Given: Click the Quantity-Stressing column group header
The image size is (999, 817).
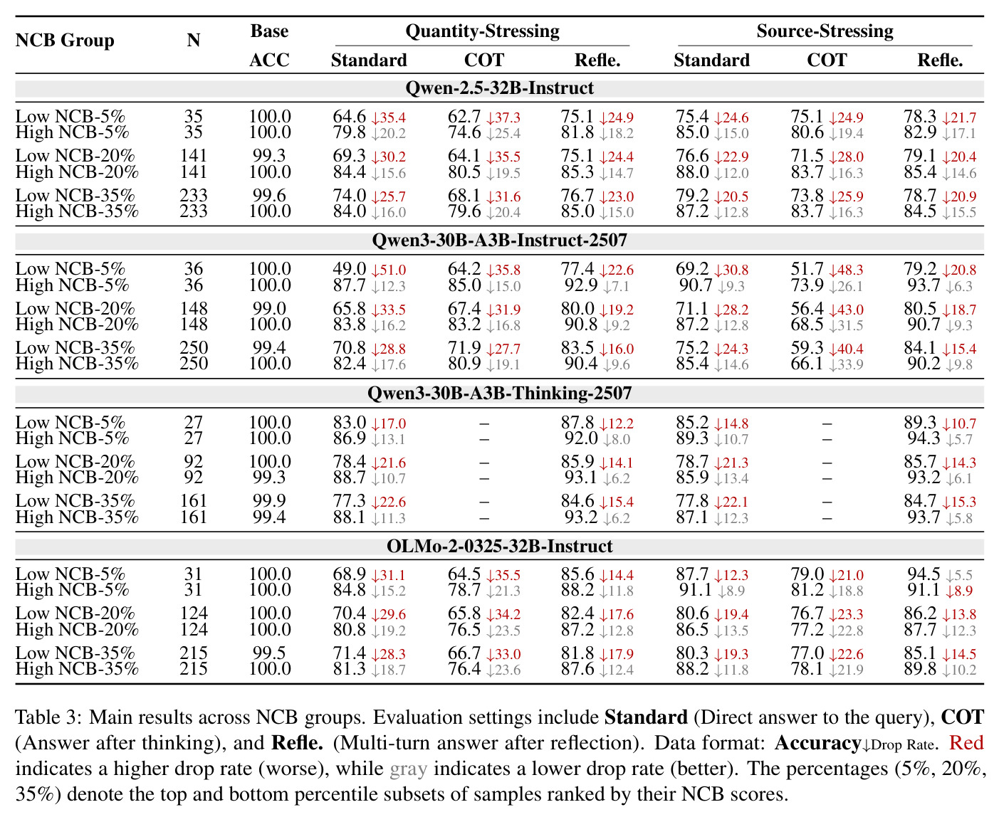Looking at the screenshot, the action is point(482,31).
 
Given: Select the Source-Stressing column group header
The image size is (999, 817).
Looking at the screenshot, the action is point(825,31).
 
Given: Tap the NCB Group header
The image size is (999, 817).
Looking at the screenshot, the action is point(65,41).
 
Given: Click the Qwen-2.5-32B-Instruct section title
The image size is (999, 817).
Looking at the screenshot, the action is point(499,88).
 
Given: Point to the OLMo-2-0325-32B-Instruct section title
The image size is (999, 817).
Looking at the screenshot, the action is point(499,547).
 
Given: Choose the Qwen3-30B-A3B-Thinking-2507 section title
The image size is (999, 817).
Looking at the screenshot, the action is point(499,394).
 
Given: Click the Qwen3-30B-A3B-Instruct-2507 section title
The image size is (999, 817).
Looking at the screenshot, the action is point(499,241).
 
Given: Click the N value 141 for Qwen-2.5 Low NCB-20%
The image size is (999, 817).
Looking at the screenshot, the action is point(193,156).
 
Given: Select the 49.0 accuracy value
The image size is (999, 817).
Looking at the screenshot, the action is point(349,269).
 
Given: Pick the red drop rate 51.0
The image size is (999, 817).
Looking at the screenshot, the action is point(389,270).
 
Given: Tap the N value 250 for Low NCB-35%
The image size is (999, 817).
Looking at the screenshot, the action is point(193,348).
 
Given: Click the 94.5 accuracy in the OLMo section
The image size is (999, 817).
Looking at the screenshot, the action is point(924,574).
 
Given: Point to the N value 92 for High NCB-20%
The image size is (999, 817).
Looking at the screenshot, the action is point(193,477).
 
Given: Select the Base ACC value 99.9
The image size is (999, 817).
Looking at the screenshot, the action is point(269,501).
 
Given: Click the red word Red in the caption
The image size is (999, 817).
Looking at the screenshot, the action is point(966,743).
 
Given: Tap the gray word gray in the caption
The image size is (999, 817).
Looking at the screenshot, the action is point(408,769).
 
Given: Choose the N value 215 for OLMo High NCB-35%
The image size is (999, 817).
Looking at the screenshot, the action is point(193,669).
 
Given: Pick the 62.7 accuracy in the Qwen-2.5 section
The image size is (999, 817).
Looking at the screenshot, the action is point(464,117).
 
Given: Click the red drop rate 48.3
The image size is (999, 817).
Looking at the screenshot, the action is point(846,270).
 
